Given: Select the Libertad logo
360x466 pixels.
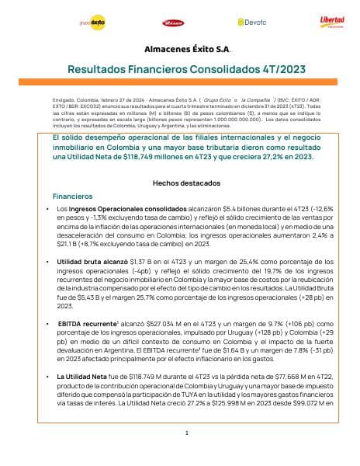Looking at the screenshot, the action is tap(332, 21).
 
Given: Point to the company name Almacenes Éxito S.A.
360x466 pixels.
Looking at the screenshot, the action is tap(179, 48).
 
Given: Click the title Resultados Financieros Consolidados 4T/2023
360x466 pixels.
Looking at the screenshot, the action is tap(180, 69).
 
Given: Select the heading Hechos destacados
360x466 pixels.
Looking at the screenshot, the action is tap(180, 182).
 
